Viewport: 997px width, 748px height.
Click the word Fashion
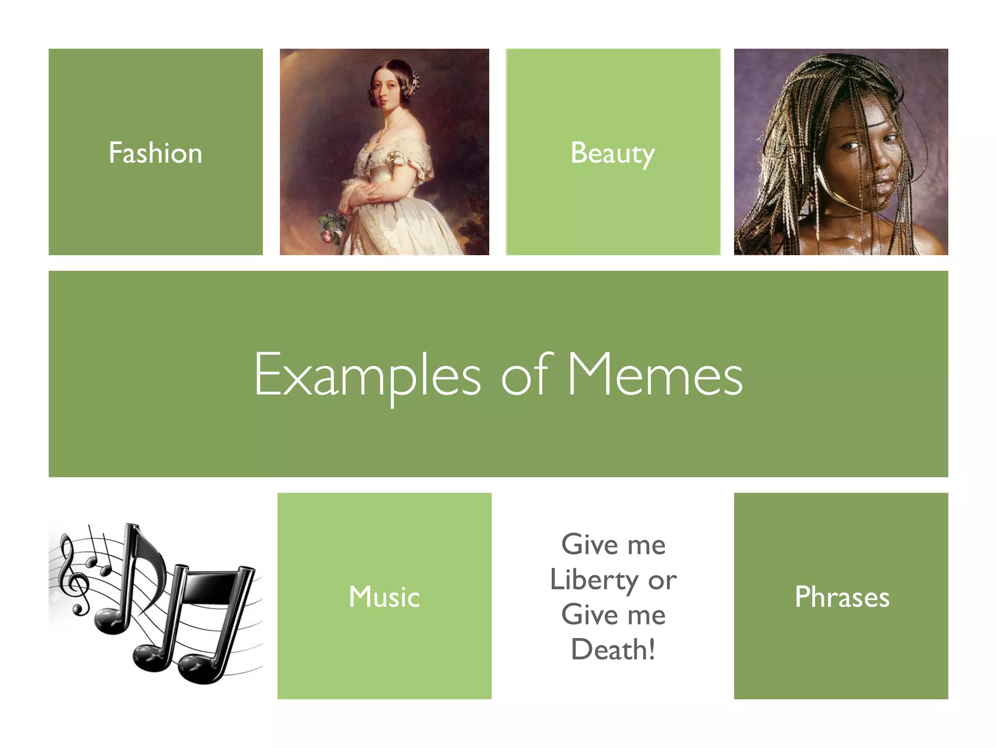point(155,153)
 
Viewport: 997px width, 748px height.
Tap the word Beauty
point(612,153)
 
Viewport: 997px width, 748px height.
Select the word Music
point(384,597)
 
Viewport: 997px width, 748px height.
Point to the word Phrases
point(842,597)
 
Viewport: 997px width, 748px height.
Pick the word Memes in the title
point(655,375)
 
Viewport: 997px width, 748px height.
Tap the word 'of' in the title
point(527,374)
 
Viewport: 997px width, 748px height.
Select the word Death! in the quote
point(613,650)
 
